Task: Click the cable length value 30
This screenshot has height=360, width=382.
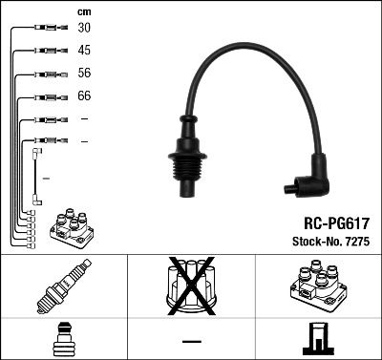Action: [85, 29]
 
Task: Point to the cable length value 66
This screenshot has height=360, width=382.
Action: [85, 96]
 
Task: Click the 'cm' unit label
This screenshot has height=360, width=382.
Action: [84, 11]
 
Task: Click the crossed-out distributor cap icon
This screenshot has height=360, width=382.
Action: [191, 286]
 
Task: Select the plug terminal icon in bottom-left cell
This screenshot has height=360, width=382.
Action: [63, 339]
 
